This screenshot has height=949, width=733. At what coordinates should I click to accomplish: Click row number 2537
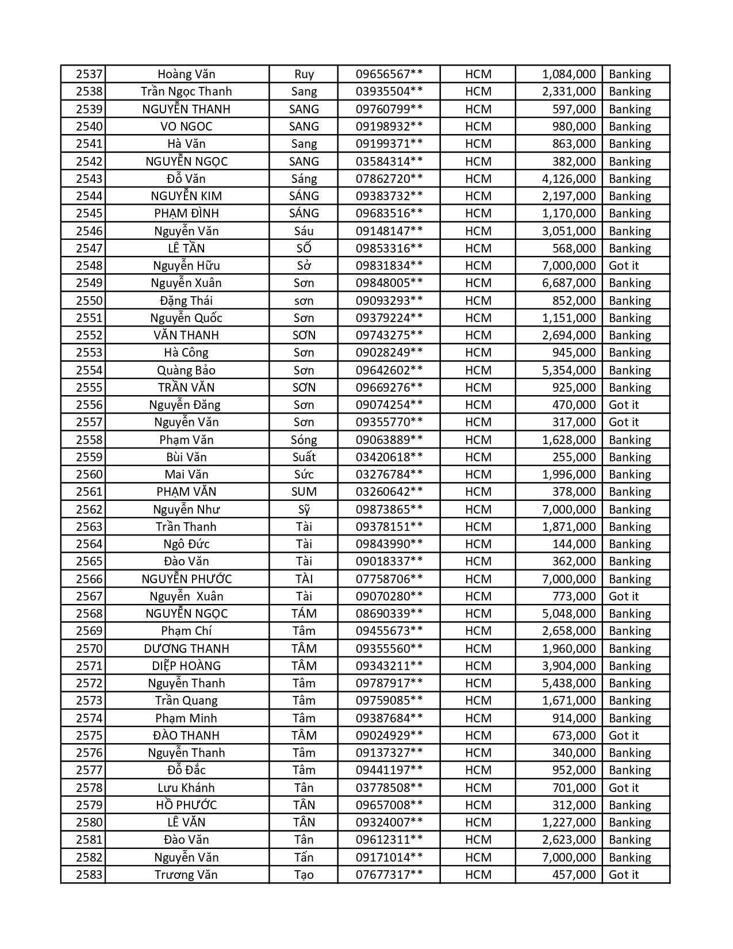tap(89, 74)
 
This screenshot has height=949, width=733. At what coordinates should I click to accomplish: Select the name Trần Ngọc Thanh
tap(186, 91)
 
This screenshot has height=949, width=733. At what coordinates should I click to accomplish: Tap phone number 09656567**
tap(389, 74)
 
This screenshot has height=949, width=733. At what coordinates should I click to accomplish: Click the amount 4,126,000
tap(569, 179)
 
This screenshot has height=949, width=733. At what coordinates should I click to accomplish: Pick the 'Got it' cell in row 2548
tap(624, 266)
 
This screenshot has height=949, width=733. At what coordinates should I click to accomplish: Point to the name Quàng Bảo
tap(186, 370)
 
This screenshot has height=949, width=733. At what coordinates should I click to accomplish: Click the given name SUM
tap(304, 492)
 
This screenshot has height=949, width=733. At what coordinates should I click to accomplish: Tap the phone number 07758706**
tap(389, 579)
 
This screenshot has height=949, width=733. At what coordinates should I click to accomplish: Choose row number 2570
tap(89, 649)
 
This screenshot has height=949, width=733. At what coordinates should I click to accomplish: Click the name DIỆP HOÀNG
tap(186, 666)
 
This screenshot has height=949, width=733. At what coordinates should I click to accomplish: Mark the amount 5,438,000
tap(569, 683)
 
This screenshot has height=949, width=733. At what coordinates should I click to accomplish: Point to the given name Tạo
tap(304, 875)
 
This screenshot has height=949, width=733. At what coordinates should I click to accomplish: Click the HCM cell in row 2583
tap(478, 875)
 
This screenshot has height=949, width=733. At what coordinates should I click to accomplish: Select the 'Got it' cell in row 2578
tap(624, 788)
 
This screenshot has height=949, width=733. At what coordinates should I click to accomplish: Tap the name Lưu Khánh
tap(186, 788)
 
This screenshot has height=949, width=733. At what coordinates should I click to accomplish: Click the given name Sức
tap(304, 475)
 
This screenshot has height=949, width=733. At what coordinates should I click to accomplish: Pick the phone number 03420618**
tap(389, 457)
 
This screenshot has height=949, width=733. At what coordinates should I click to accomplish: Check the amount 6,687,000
tap(569, 283)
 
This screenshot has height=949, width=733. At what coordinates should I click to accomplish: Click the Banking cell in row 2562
tap(630, 510)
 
